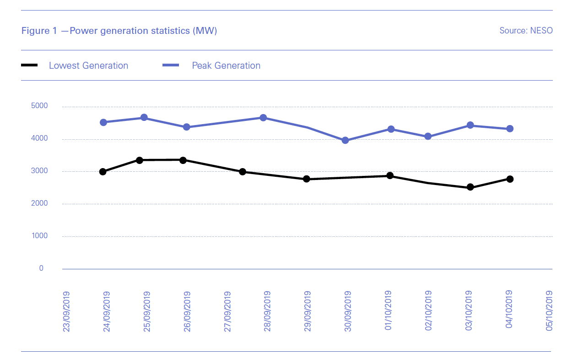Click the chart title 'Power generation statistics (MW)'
(143, 31)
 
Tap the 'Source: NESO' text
(526, 31)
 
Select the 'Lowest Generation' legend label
(88, 65)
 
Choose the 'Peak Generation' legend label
(226, 65)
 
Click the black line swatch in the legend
(30, 65)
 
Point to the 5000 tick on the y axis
(40, 106)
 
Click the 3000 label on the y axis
(40, 171)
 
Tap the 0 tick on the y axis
(41, 268)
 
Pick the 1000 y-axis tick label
(40, 236)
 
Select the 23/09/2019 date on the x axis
(66, 311)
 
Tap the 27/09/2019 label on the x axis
(227, 311)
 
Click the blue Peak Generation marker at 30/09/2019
(346, 140)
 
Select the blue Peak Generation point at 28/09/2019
(263, 118)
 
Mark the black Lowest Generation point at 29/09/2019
(307, 179)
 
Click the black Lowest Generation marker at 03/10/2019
(470, 187)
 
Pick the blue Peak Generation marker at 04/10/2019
(510, 129)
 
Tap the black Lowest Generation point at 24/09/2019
(103, 172)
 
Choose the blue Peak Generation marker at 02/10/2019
(428, 136)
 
